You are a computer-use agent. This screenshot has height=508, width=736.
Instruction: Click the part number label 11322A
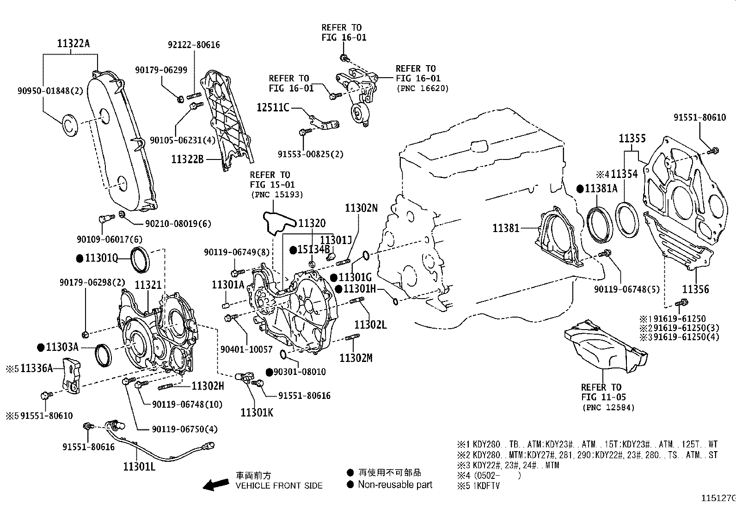[73, 44]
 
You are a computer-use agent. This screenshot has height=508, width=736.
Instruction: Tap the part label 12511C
[273, 108]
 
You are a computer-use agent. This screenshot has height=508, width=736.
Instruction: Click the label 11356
[695, 289]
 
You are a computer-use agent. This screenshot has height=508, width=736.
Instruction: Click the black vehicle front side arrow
[216, 484]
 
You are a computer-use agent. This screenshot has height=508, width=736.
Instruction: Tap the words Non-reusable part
[395, 484]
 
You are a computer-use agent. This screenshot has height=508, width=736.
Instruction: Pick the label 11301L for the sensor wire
[139, 466]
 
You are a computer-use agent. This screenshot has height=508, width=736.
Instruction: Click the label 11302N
[361, 208]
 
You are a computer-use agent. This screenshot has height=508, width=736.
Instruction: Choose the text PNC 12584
[608, 407]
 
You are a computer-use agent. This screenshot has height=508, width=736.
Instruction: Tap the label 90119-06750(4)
[184, 429]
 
